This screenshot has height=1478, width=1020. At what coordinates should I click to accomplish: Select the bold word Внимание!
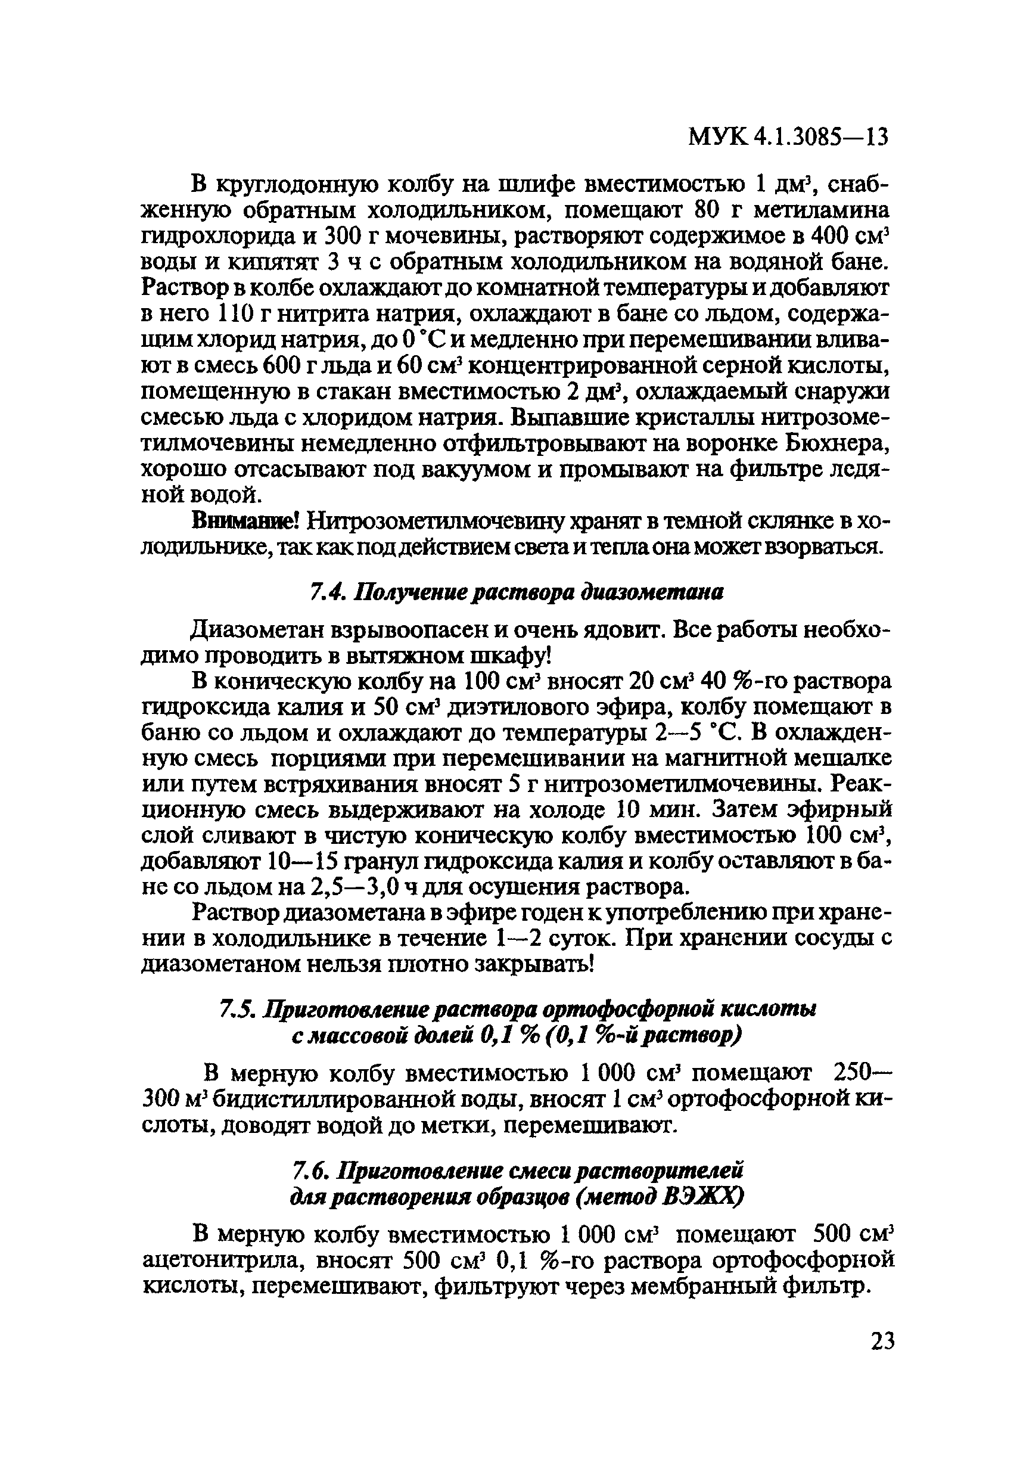[245, 522]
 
